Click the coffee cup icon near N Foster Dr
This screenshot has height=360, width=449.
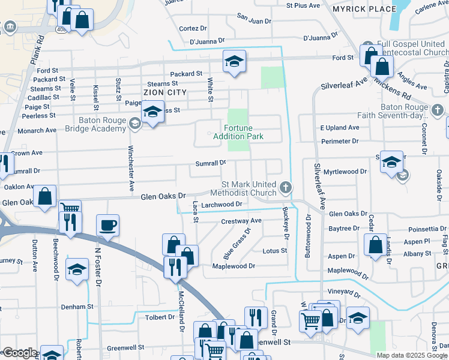(107, 226)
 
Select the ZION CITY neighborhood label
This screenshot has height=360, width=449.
(164, 92)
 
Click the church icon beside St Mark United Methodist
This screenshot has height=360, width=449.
(286, 188)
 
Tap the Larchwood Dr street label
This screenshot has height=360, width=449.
(221, 205)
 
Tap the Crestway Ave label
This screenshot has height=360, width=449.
(241, 221)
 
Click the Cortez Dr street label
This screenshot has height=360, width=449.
(193, 29)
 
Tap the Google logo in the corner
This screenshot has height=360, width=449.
(19, 353)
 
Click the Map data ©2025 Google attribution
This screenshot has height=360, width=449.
(412, 355)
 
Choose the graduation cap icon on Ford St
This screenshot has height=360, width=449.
(235, 61)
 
